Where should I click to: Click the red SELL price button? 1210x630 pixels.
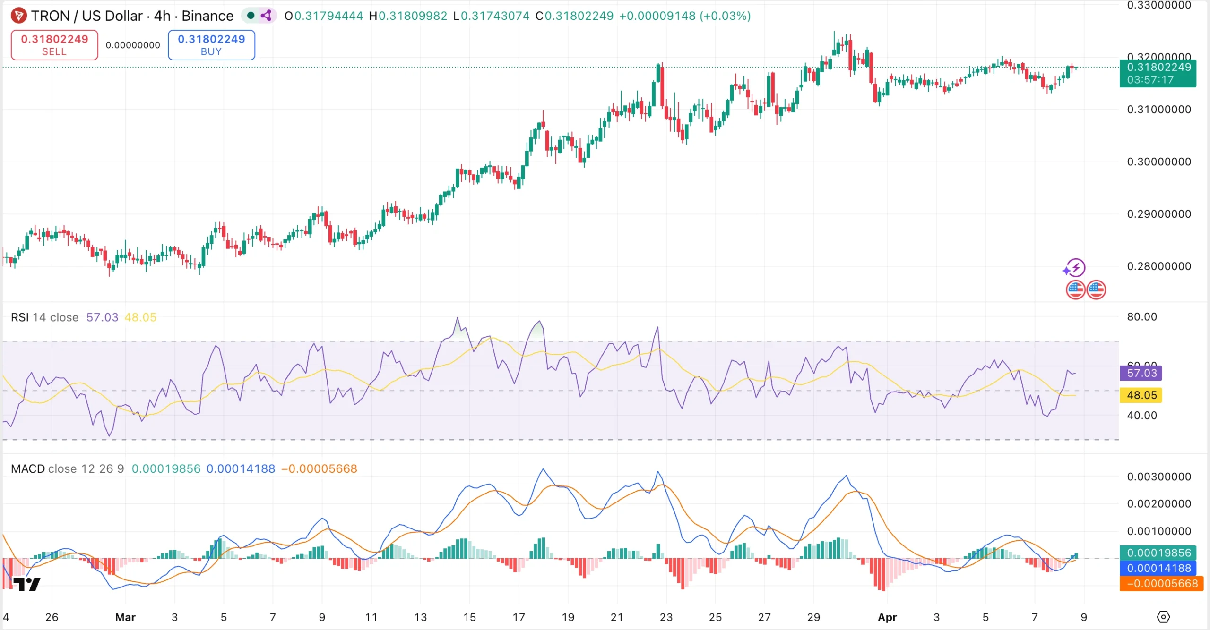coord(54,45)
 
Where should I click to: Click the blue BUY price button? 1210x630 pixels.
coord(211,45)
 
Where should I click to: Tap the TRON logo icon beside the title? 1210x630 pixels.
coord(18,16)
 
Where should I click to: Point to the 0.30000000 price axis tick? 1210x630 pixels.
coord(1158,162)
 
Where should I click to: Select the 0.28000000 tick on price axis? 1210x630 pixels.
coord(1158,266)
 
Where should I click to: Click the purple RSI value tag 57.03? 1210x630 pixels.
coord(1141,373)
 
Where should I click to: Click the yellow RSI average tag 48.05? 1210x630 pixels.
coord(1141,395)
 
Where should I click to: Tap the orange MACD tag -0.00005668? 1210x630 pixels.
coord(1161,584)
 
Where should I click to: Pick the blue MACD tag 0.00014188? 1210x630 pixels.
coord(1158,568)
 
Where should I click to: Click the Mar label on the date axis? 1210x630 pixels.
coord(125,617)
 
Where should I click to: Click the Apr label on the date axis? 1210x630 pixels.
coord(887,617)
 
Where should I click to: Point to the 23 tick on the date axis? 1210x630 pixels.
coord(666,617)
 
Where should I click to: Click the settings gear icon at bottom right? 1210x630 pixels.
coord(1163,617)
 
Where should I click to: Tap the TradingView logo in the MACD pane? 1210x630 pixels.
coord(26,585)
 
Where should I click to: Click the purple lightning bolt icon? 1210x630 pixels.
coord(1074,268)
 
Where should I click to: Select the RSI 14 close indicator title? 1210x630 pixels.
coord(44,317)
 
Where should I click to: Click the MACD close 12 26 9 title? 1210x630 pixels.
coord(67,469)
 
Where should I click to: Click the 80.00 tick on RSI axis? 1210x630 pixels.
coord(1142,317)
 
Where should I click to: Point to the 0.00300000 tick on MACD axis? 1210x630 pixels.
coord(1158,477)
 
